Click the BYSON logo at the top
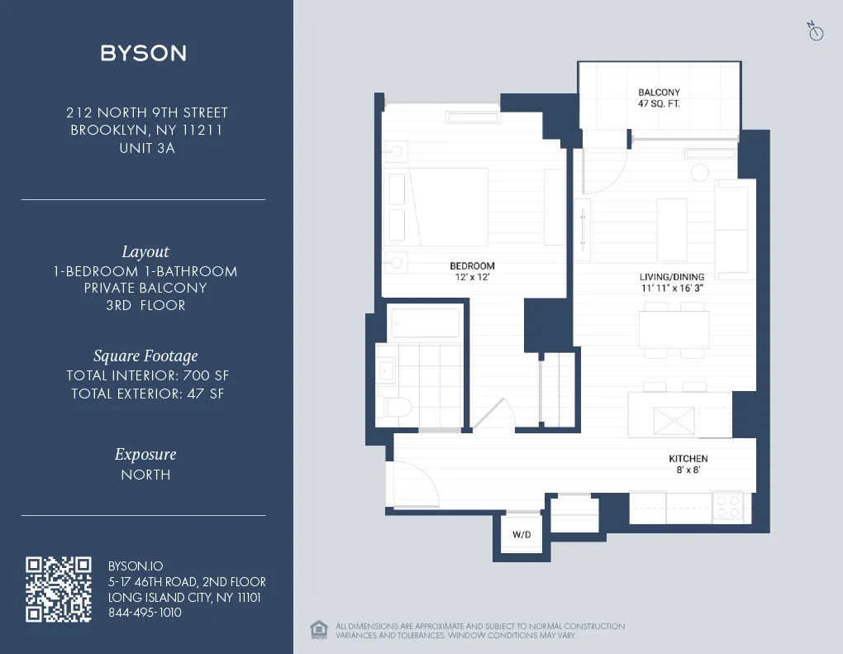(143, 53)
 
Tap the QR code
(58, 589)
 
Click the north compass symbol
(815, 32)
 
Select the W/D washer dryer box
(522, 534)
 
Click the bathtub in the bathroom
(424, 322)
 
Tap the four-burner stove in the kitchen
(728, 506)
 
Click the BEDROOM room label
(472, 266)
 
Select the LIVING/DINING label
(671, 277)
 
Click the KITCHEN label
(688, 459)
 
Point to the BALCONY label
(659, 93)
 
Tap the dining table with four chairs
(673, 330)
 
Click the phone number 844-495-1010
(145, 613)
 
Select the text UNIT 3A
(147, 149)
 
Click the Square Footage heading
(145, 356)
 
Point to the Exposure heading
(145, 455)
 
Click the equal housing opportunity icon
(318, 630)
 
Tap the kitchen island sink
(673, 421)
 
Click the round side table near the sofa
(699, 172)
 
